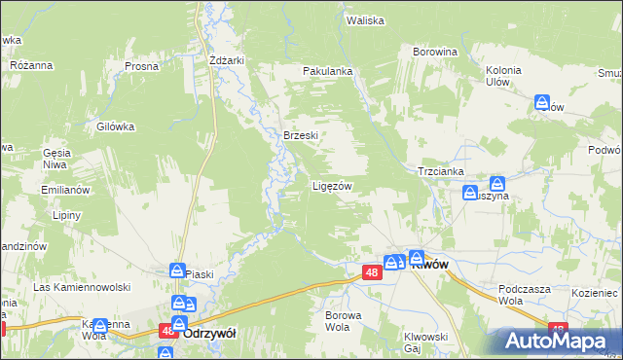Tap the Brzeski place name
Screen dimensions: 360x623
click(x=301, y=136)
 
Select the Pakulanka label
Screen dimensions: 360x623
click(x=326, y=71)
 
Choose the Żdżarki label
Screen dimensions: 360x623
click(x=226, y=59)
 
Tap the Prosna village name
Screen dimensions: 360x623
click(x=141, y=66)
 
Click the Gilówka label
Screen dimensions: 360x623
click(x=115, y=126)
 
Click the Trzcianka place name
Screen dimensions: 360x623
click(x=440, y=169)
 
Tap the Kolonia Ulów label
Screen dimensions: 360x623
click(x=503, y=76)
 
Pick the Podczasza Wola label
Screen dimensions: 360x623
click(x=524, y=295)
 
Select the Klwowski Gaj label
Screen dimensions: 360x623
click(x=425, y=342)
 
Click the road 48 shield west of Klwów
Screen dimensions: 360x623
click(x=372, y=273)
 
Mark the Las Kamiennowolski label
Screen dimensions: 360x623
click(x=82, y=288)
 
